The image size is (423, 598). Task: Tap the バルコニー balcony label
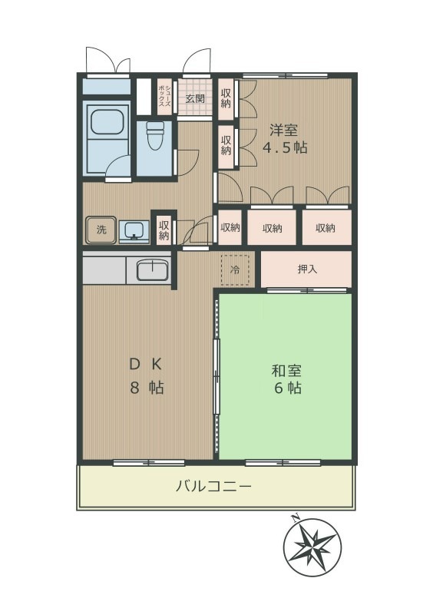pos(213,486)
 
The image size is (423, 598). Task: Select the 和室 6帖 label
pos(286,378)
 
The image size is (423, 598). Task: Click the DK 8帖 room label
pos(145,375)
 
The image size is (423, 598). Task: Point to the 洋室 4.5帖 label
pos(286,138)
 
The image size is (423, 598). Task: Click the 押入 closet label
pos(306,269)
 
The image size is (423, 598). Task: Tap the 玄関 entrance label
pos(194,98)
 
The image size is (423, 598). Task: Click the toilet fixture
pos(156,137)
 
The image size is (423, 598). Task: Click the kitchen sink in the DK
pos(153,269)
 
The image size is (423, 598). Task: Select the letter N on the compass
pos(295,519)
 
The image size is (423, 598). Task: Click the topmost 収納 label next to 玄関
pos(226,97)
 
